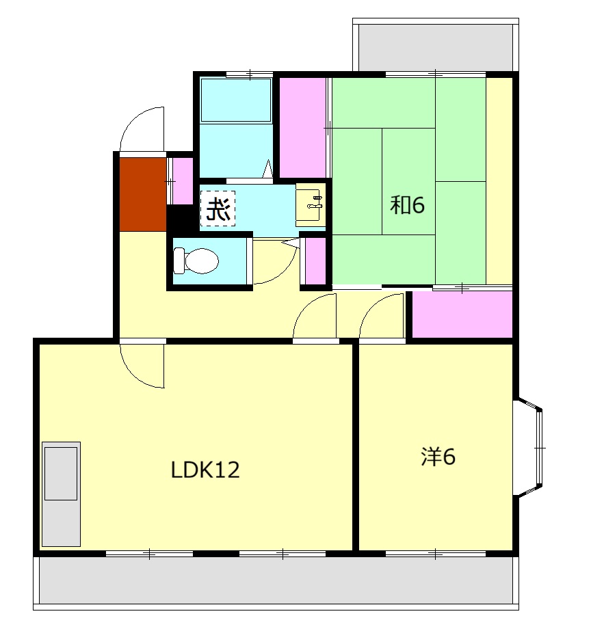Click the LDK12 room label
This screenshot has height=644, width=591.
(205, 470)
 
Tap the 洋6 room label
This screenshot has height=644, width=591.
(438, 456)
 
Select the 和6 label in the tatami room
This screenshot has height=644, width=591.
(407, 204)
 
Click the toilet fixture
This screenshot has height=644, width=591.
(196, 260)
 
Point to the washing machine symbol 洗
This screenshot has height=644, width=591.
(218, 209)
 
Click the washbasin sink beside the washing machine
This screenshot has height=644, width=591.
(311, 205)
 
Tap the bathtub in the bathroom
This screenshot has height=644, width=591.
(236, 100)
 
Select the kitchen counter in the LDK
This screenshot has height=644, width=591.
(62, 494)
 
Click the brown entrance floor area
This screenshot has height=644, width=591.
(143, 195)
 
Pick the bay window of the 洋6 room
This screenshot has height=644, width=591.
(527, 447)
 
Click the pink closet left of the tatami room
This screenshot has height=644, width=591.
(303, 127)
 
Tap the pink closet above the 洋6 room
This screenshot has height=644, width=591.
(462, 314)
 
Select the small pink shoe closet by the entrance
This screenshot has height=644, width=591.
(183, 181)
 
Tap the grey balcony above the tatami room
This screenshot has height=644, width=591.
(436, 47)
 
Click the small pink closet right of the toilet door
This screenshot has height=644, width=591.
(315, 260)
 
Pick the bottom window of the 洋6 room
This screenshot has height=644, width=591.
(436, 554)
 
